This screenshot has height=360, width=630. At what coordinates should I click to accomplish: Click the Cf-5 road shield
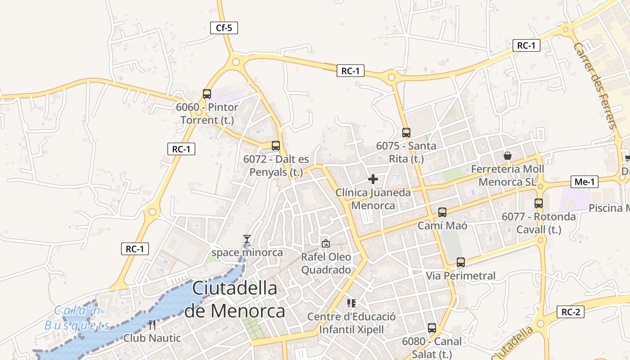224,28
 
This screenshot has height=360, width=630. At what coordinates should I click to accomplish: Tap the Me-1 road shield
585,182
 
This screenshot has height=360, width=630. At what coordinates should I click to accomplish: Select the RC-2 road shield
571,312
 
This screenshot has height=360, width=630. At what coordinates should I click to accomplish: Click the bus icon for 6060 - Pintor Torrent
207,94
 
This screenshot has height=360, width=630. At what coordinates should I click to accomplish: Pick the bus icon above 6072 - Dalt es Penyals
276,146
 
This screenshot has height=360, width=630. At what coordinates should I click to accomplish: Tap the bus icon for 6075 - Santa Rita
406,133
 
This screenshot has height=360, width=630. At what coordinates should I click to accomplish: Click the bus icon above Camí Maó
442,212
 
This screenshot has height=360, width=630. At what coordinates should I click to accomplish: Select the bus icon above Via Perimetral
460,262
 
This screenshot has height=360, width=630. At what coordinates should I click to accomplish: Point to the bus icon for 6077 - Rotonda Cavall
539,203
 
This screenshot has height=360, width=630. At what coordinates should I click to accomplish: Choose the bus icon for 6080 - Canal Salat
432,328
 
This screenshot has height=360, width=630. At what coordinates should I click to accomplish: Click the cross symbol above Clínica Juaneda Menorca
373,179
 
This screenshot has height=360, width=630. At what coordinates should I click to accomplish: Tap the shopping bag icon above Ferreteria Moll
508,156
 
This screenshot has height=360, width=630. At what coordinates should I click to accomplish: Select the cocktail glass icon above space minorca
247,239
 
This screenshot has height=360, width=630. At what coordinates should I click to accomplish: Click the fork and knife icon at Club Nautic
152,324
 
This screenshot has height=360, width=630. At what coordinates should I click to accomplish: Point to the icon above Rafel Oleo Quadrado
326,243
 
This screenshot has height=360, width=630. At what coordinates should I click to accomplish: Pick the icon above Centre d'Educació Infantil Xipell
351,303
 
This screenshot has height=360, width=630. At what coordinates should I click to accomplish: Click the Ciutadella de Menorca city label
235,299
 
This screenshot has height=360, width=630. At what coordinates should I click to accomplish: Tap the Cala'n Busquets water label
77,318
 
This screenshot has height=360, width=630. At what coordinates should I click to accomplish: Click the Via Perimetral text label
460,276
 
